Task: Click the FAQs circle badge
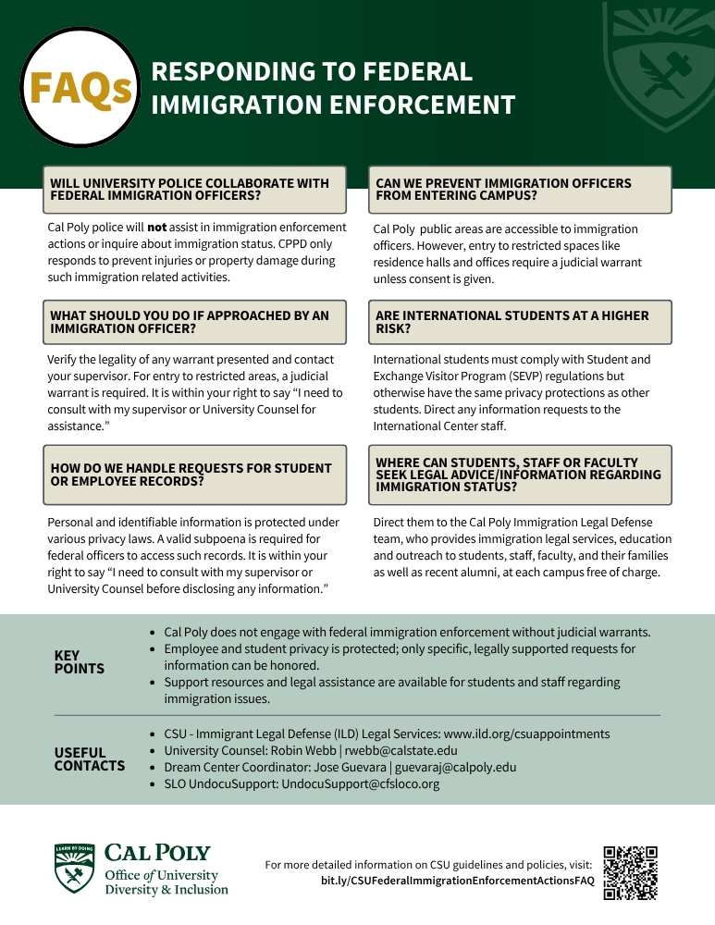79,88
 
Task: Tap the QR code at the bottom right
630,872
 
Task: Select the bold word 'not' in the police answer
156,228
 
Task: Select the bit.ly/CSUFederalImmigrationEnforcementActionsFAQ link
457,881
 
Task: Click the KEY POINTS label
80,662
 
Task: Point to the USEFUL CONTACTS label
90,759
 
